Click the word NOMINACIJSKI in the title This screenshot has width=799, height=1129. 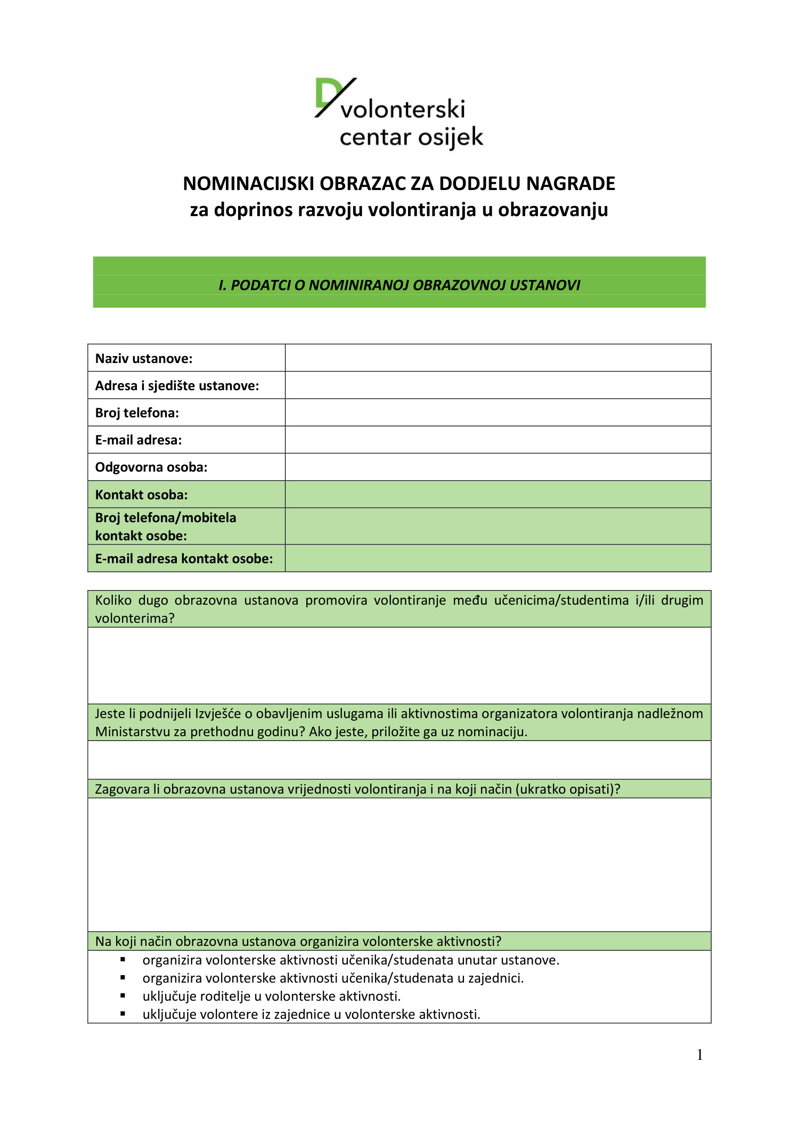coord(249,184)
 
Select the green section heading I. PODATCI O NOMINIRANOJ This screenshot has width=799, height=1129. coord(399,285)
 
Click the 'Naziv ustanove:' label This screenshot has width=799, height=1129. coord(144,359)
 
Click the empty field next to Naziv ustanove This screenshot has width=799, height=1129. coord(498,358)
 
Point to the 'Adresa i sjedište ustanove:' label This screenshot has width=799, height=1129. coord(177,386)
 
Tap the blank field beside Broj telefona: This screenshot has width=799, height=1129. coord(498,413)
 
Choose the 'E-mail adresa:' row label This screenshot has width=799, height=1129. coord(138,440)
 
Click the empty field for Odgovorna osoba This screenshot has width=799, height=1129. coord(498,467)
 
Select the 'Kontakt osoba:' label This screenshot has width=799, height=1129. coord(141,495)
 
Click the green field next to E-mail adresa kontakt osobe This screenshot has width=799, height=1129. coord(498,559)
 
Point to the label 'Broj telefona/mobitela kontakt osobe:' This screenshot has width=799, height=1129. coord(166,526)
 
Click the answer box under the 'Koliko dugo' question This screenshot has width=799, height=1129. coord(399,665)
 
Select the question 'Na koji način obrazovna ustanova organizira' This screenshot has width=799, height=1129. coord(298,942)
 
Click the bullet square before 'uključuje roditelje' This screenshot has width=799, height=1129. coord(123,995)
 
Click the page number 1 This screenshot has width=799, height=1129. coord(699,1055)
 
